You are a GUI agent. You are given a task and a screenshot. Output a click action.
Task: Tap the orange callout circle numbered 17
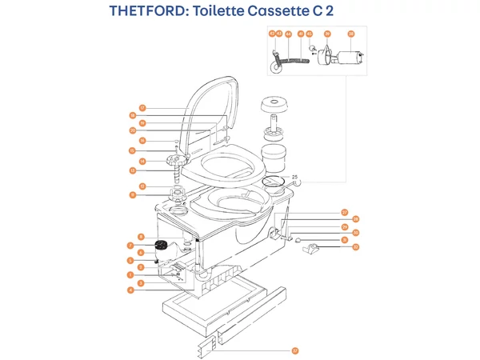pos(142,108)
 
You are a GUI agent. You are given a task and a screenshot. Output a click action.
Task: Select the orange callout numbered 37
pos(294,350)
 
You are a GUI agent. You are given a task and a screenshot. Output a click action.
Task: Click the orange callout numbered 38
pos(350,34)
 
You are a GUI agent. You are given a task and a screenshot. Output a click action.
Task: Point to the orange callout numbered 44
pos(288,34)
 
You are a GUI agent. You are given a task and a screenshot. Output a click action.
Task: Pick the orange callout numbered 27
pos(345,213)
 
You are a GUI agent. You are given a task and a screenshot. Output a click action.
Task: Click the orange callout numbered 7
pos(130,246)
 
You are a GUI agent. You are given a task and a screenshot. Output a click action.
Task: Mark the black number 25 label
pos(294,177)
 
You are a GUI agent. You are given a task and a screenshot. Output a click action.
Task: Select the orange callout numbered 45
pos(309,34)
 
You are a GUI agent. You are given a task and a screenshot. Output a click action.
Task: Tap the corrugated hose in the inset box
pos(296,59)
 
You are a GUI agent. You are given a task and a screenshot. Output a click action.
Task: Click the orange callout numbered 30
pos(356,233)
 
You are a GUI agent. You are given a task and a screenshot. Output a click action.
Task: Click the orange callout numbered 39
pos(327,34)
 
